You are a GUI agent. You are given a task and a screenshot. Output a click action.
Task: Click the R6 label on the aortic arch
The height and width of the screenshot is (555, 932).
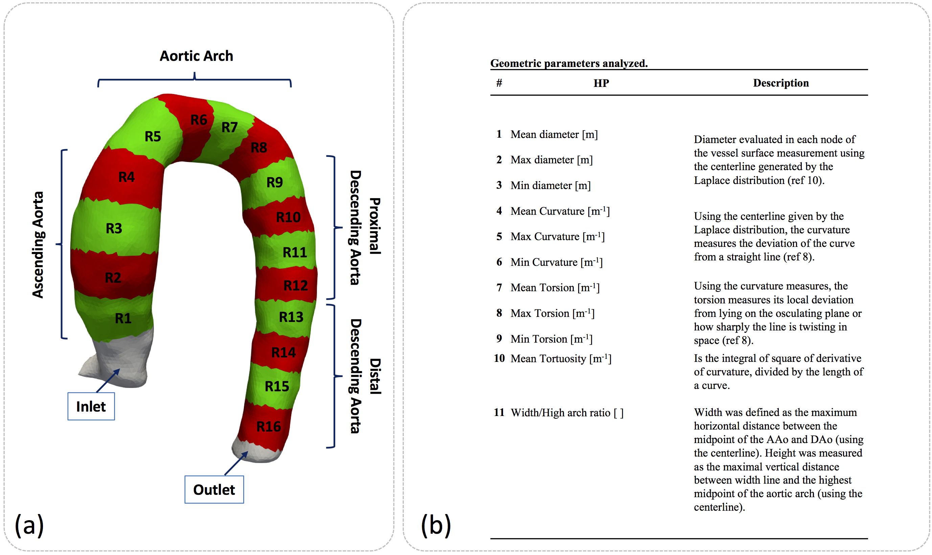(199, 120)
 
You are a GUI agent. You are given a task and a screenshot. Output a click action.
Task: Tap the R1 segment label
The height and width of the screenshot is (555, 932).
(123, 318)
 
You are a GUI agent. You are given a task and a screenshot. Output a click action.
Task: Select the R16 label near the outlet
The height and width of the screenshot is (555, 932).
(269, 426)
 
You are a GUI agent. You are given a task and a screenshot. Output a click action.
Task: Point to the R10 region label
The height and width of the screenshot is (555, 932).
(288, 217)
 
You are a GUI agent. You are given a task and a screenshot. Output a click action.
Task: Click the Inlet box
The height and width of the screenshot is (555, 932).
(91, 406)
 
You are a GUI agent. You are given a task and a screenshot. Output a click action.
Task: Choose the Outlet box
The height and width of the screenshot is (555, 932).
(214, 489)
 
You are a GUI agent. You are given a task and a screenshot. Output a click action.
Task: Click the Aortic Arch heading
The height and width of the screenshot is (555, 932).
(196, 56)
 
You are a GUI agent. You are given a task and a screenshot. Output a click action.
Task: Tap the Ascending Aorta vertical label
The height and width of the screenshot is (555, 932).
(38, 245)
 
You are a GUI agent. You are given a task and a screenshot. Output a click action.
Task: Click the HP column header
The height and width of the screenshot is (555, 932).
(601, 83)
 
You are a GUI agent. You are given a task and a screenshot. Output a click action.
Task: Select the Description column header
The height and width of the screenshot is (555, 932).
(780, 83)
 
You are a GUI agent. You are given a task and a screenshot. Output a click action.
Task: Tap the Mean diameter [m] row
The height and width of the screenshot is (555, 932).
(554, 134)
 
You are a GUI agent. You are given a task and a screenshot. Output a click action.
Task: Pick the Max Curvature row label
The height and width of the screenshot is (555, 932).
(557, 236)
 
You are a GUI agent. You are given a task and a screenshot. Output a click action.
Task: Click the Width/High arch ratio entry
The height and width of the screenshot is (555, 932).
(567, 413)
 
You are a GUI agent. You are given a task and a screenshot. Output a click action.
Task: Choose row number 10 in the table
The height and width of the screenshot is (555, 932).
(499, 358)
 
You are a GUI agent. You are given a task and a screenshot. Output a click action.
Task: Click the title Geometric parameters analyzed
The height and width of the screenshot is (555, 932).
(568, 63)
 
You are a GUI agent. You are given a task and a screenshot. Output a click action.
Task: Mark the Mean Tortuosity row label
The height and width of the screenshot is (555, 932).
(561, 359)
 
